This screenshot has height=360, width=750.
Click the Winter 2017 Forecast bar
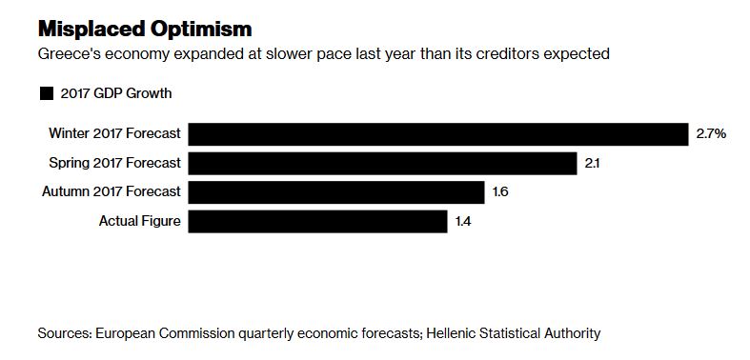tap(437, 133)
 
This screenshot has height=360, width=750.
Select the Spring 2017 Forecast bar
tap(382, 163)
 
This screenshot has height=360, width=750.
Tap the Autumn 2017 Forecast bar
tap(335, 192)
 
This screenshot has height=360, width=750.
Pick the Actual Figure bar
tap(317, 222)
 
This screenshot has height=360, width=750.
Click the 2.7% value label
tap(711, 134)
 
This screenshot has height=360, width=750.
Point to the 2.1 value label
tap(593, 164)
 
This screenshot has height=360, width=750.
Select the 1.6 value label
tap(500, 193)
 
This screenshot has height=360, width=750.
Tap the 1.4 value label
tap(463, 222)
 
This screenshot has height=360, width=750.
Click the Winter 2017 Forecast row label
tap(115, 134)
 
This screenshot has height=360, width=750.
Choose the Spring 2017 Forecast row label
tap(115, 163)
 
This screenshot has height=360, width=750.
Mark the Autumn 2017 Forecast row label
tap(111, 192)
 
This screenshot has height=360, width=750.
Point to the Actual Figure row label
tap(140, 222)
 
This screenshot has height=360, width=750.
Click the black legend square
tap(46, 93)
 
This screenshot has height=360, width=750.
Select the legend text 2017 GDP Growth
tap(115, 93)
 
